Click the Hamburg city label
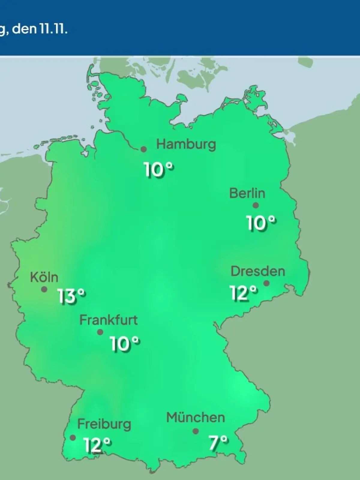[186, 145]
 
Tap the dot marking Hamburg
[144, 149]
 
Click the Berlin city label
[247, 193]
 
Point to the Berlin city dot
[256, 205]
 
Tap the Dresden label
[258, 271]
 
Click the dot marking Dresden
[266, 283]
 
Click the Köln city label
[44, 277]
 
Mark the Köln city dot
[44, 289]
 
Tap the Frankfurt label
[108, 320]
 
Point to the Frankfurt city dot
[100, 332]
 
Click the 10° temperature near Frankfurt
[124, 343]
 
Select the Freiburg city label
[104, 424]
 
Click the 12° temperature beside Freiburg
[97, 445]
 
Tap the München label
[196, 418]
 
